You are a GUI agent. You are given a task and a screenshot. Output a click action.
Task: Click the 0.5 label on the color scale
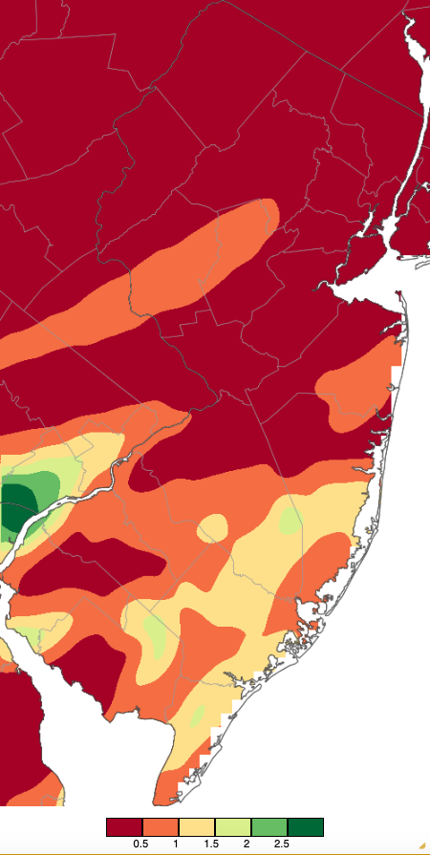coord(141,844)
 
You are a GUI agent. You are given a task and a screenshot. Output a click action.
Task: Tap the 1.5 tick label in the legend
coord(214,844)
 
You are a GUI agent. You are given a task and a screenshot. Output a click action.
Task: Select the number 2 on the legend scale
coord(250,844)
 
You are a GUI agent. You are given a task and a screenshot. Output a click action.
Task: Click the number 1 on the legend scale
coord(178,844)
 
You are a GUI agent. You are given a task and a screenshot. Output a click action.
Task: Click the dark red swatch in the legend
coord(124,826)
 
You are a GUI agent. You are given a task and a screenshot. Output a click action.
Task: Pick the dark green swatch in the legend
coord(305,826)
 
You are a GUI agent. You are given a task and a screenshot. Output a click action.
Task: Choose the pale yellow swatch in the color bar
coord(196,826)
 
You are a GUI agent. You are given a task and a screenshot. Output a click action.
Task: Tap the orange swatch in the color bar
coord(160,826)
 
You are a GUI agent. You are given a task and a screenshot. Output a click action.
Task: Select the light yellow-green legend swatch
coord(232,826)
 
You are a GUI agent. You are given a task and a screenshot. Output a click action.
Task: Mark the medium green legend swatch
coord(269,826)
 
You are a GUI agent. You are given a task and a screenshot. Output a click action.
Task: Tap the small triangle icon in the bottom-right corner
coord(421,847)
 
